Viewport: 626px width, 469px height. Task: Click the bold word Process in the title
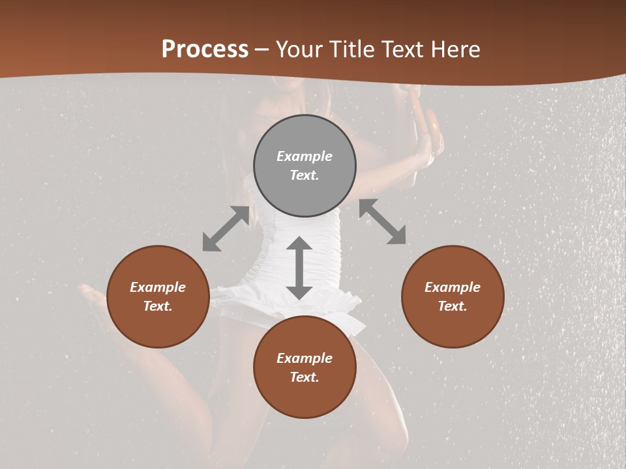pyautogui.click(x=205, y=50)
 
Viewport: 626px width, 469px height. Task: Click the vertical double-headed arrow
pyautogui.click(x=299, y=268)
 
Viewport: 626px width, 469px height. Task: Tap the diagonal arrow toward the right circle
pyautogui.click(x=382, y=221)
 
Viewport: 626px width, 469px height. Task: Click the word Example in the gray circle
pyautogui.click(x=305, y=156)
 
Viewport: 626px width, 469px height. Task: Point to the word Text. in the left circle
pyautogui.click(x=158, y=306)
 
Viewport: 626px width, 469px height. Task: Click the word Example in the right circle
pyautogui.click(x=453, y=287)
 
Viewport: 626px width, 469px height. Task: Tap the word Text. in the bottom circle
pyautogui.click(x=305, y=377)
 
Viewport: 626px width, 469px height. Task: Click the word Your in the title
pyautogui.click(x=298, y=50)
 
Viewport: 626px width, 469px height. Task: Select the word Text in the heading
pyautogui.click(x=403, y=50)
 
